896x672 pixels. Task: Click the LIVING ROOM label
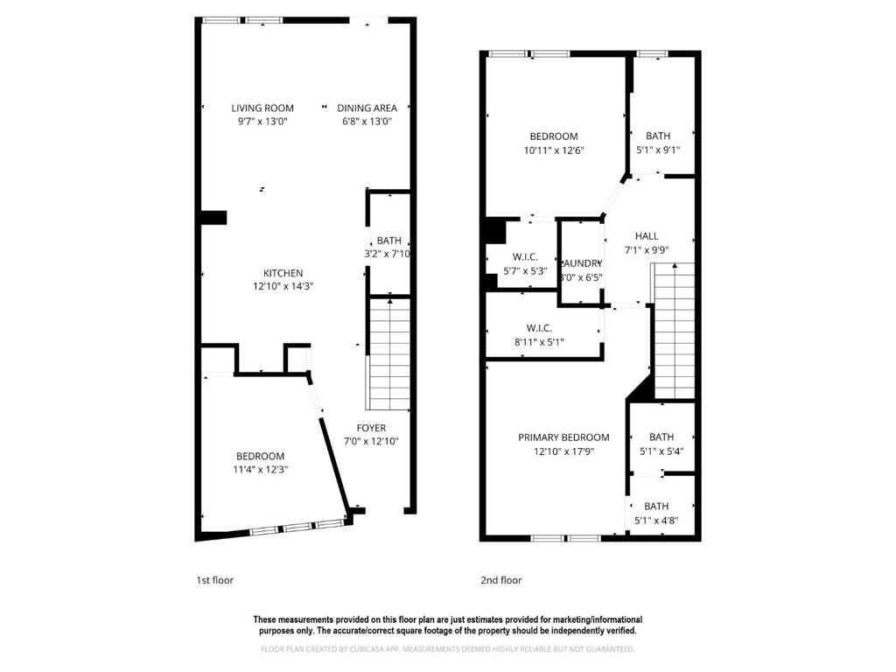pos(262,108)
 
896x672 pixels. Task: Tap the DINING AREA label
pos(367,108)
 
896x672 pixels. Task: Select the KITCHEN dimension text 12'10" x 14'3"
pos(283,286)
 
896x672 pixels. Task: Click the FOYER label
pos(372,428)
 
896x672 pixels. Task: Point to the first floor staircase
pos(388,353)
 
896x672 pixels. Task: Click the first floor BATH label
pos(388,241)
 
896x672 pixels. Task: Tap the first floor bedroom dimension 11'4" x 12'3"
pos(260,470)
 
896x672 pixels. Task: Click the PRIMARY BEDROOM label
pos(563,437)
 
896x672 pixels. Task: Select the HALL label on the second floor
pos(647,235)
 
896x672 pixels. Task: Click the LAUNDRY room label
pos(581,263)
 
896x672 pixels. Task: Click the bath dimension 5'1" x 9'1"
pos(658,150)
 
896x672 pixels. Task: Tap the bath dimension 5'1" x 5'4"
pos(661,451)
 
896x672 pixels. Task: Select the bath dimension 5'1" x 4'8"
pos(656,520)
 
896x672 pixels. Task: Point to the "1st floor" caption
pos(214,580)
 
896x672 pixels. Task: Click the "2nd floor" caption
pos(500,580)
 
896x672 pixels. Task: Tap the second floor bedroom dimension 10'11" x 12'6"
pos(553,150)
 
